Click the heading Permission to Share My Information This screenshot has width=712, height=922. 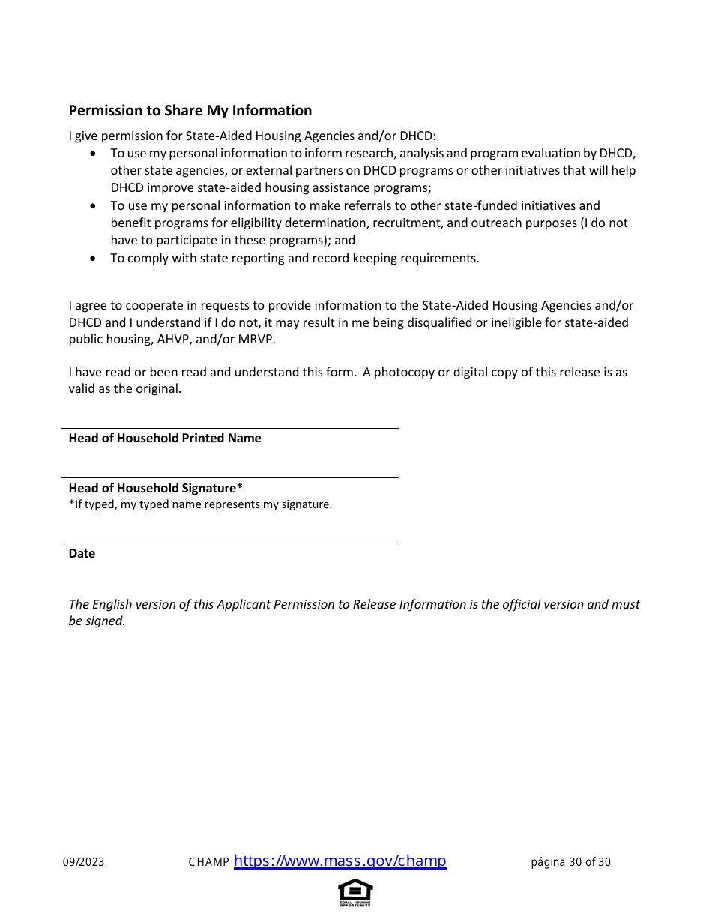(190, 111)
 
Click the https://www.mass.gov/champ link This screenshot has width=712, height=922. (340, 861)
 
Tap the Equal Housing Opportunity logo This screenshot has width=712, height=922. (355, 892)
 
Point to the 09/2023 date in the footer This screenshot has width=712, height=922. (84, 862)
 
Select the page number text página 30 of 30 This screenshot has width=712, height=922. (570, 862)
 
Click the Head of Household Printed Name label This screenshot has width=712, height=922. (165, 439)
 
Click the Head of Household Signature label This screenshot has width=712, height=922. (155, 488)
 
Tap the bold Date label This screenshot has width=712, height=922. (82, 554)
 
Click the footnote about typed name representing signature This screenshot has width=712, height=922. (200, 504)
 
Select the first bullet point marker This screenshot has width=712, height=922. (92, 154)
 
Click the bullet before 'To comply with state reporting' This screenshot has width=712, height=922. (92, 259)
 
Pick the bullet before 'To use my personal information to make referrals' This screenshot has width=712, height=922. (92, 206)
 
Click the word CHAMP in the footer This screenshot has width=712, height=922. (208, 862)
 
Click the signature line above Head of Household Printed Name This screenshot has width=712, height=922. (229, 429)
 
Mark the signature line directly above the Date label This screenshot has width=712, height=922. (229, 543)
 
